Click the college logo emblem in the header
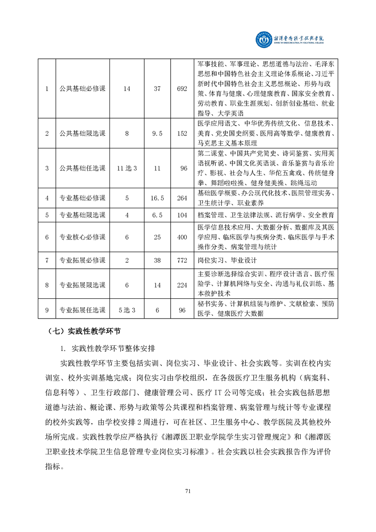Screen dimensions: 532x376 tap(263, 41)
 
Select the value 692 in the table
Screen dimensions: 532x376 tap(182, 89)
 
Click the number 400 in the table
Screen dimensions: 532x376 tap(182, 237)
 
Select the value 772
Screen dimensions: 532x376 tap(182, 260)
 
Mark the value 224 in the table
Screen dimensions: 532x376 tap(182, 285)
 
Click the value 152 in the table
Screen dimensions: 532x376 tap(182, 134)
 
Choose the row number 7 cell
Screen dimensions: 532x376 tap(47, 260)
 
